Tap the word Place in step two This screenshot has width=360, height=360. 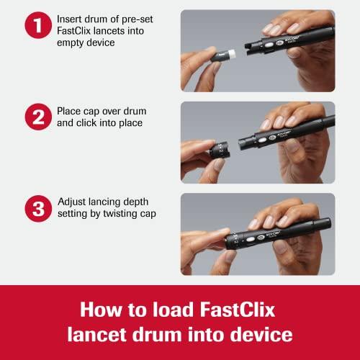click(71, 112)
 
